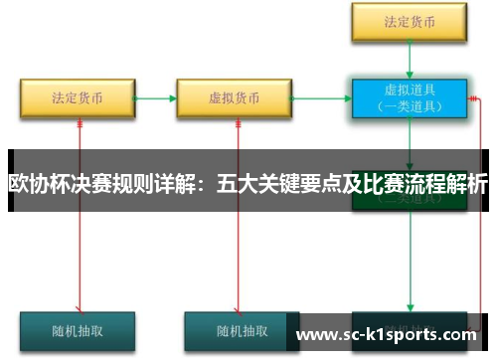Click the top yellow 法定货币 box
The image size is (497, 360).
(x=408, y=20)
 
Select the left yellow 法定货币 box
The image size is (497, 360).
(x=79, y=98)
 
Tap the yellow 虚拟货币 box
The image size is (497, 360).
(x=235, y=98)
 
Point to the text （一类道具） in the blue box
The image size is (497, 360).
(x=408, y=106)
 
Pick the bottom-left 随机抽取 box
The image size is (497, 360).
(x=78, y=330)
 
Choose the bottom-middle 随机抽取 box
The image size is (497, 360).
(x=235, y=330)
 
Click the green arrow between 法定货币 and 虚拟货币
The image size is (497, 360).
(x=155, y=98)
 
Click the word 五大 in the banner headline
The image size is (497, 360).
(x=232, y=184)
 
